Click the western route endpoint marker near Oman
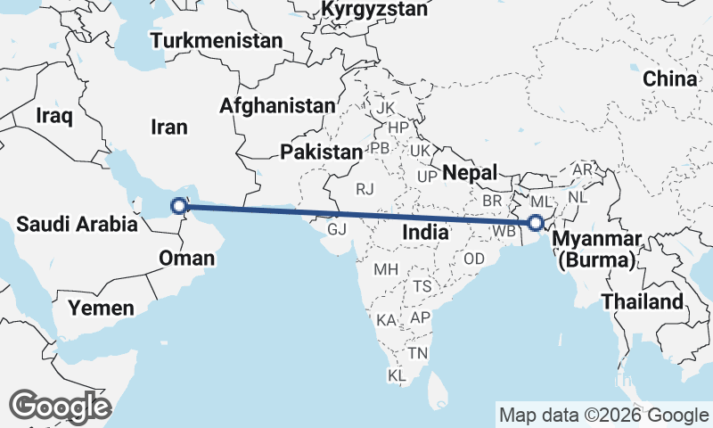[x=179, y=207]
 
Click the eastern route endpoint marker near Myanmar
[x=535, y=223]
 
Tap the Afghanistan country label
[x=277, y=105]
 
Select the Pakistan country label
[x=321, y=152]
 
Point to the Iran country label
[x=169, y=128]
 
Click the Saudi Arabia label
[x=78, y=223]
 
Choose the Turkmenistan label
[x=217, y=41]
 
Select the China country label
[x=669, y=79]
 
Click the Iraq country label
[x=53, y=115]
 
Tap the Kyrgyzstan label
[x=375, y=10]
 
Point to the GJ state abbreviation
[x=337, y=229]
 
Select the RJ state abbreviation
[x=365, y=189]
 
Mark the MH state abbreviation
[x=385, y=269]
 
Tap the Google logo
[x=61, y=407]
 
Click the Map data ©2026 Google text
[x=603, y=415]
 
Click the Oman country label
[x=186, y=259]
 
